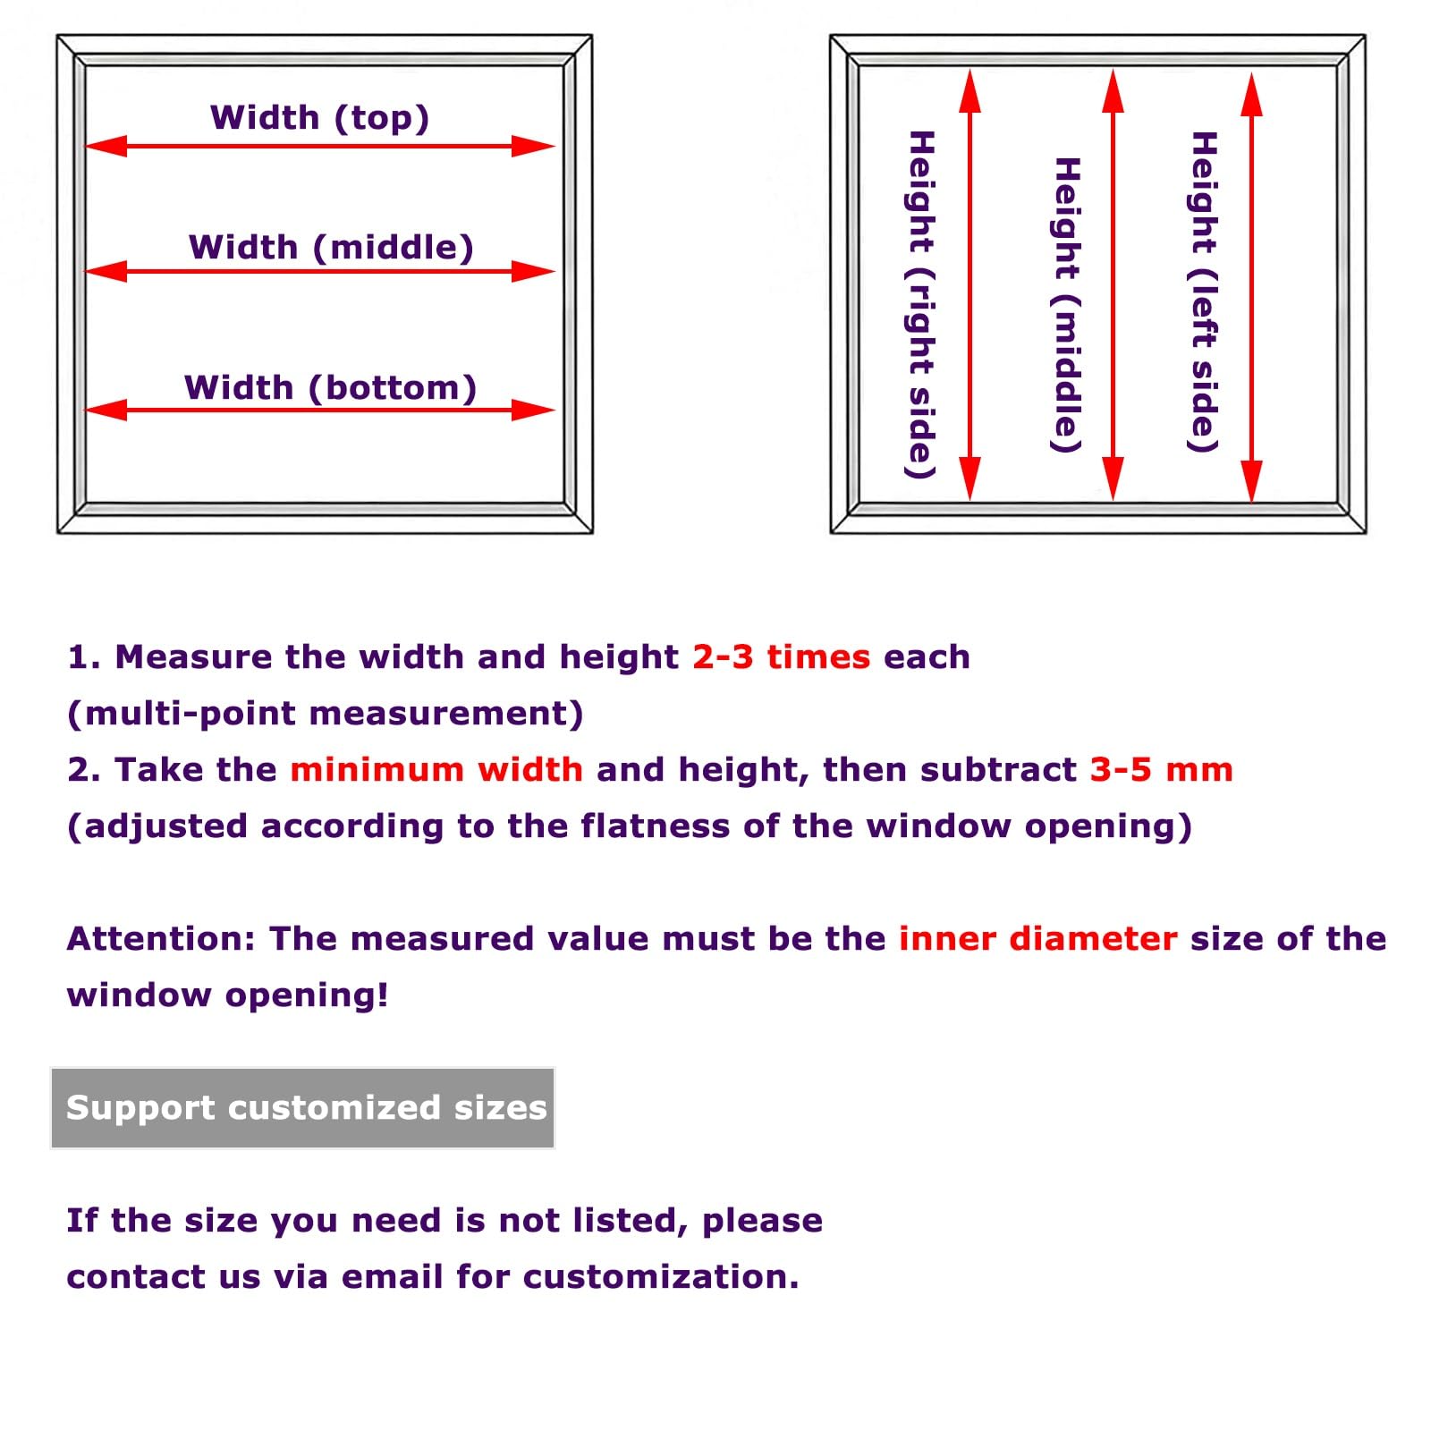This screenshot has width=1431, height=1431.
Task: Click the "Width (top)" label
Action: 319,118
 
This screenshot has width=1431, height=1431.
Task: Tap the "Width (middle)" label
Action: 331,248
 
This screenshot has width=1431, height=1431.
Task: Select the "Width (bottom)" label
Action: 330,388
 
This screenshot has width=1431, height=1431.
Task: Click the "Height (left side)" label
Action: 1204,292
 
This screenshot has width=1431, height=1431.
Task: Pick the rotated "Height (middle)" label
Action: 1067,305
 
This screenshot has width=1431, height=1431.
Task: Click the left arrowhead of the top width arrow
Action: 106,146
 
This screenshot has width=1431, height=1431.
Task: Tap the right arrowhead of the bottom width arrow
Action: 534,411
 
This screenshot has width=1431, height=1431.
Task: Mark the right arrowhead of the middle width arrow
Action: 534,271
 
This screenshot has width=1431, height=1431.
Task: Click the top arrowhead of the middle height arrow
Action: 1113,91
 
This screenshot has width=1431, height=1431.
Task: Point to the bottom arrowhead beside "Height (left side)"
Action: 1252,481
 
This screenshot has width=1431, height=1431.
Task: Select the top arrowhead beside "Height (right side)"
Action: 970,91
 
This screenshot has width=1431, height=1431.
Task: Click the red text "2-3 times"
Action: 782,657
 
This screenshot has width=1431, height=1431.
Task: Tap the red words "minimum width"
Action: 437,770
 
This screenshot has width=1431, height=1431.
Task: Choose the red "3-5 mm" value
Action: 1162,770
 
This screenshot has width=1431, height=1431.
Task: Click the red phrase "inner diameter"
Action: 1038,939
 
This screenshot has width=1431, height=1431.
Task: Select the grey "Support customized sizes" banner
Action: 303,1108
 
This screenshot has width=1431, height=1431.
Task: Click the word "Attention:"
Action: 162,939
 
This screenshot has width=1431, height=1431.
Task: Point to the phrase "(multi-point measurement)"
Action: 326,714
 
